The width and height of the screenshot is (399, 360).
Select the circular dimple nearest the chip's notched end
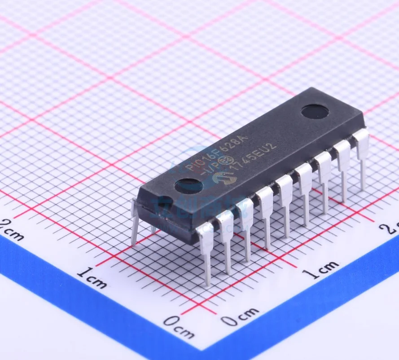pos(189,185)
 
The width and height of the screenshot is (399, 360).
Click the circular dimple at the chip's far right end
pos(315,111)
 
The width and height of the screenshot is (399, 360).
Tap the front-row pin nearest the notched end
pos(206,251)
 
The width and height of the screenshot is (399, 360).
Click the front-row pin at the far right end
pos(362,157)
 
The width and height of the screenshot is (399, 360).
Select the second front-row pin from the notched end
pos(226,240)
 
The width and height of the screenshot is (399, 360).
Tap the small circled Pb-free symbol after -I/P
pos(228,161)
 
